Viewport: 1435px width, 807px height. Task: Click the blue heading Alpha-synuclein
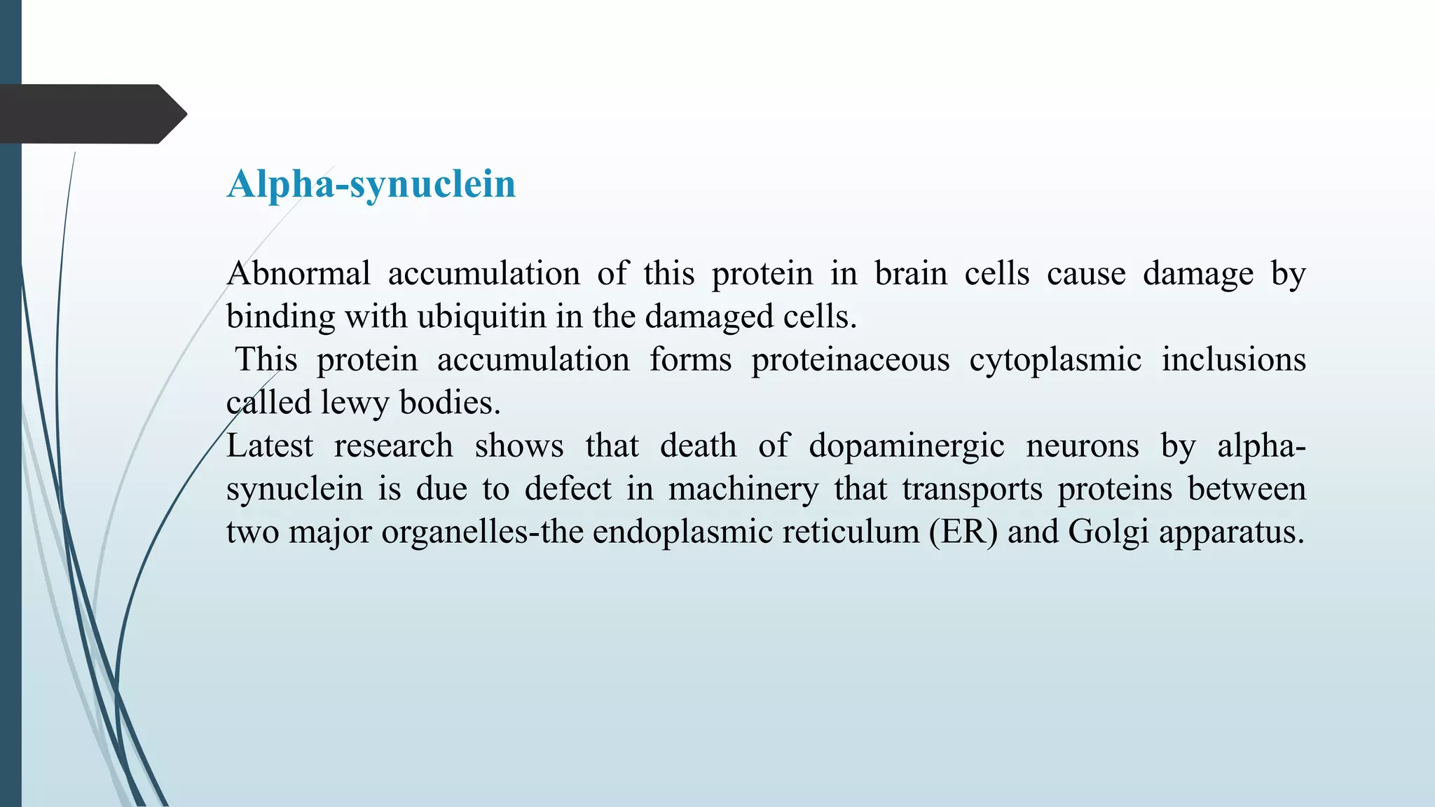[371, 184]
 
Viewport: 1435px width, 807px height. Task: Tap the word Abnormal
[298, 273]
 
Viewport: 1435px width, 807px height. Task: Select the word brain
[911, 273]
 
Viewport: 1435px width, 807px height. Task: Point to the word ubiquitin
[481, 317]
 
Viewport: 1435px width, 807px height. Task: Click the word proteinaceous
[850, 360]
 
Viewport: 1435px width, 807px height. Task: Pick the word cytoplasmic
[1055, 360]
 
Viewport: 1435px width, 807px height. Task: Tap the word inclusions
[1233, 360]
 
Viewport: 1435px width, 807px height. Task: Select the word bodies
[450, 403]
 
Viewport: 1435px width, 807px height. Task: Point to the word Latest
[270, 446]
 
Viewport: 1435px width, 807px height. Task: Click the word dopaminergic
[907, 446]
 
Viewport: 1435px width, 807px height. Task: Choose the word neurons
[1083, 446]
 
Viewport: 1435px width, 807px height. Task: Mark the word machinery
[743, 489]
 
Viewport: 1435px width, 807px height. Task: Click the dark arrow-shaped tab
[91, 114]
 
